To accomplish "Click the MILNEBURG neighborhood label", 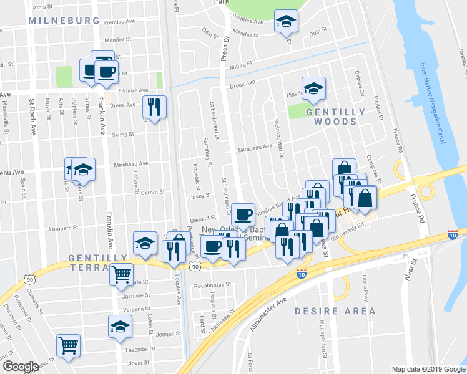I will point(64,21).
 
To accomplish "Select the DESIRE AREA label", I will point(335,311).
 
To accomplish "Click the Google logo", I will point(21,367).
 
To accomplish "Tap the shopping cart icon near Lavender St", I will point(69,346).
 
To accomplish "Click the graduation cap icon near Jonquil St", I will point(120,326).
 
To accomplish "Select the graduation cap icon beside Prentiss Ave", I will point(286,22).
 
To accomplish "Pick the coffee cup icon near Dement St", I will point(243,214).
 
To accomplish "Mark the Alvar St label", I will point(410,269).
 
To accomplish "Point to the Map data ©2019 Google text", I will point(428,369).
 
